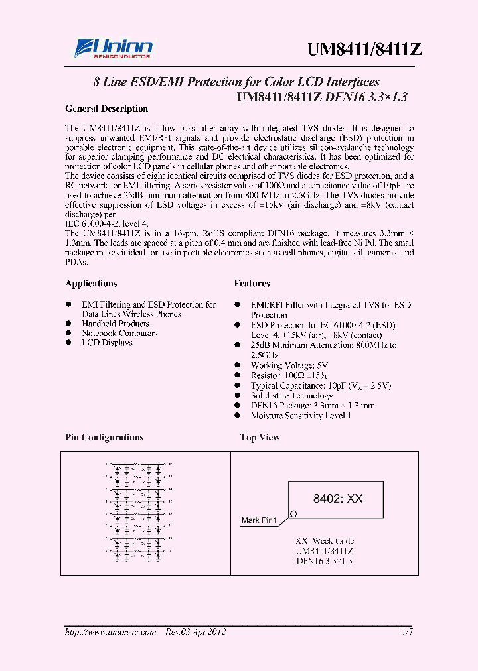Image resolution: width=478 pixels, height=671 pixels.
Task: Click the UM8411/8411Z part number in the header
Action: (364, 50)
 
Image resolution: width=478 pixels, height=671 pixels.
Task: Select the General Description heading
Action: (106, 109)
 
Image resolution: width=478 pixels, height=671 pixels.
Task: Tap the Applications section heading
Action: (91, 284)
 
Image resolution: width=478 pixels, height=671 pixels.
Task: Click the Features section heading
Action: (252, 284)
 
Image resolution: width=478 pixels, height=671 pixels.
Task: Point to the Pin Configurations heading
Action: (104, 438)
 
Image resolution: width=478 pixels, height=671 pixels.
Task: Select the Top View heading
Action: (260, 438)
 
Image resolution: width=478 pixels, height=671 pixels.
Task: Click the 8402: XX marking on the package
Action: (338, 499)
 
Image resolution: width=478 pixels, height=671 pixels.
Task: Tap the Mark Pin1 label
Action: (259, 520)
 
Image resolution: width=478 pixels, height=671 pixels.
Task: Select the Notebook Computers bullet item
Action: (119, 334)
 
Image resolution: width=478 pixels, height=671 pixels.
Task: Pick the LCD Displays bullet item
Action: (107, 343)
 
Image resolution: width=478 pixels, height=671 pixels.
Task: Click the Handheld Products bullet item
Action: (116, 324)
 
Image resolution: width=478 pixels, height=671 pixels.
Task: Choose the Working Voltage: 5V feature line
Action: (289, 365)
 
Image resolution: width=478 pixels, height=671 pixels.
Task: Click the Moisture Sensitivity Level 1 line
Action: (301, 416)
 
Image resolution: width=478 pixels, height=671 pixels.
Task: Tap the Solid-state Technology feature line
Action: (301, 396)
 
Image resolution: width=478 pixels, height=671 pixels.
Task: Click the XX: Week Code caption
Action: (325, 541)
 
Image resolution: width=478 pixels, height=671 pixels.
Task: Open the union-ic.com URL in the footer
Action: (110, 632)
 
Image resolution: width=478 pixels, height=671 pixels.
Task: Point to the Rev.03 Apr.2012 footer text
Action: (196, 632)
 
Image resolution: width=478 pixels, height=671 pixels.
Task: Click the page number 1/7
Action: (407, 632)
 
